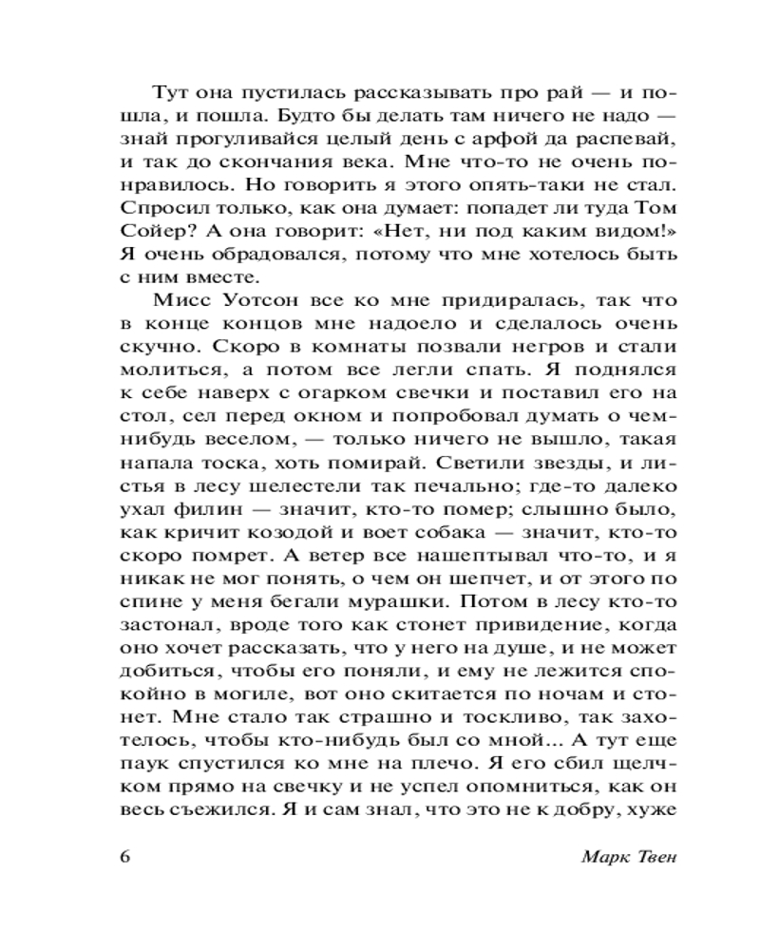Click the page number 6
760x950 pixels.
click(x=124, y=854)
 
